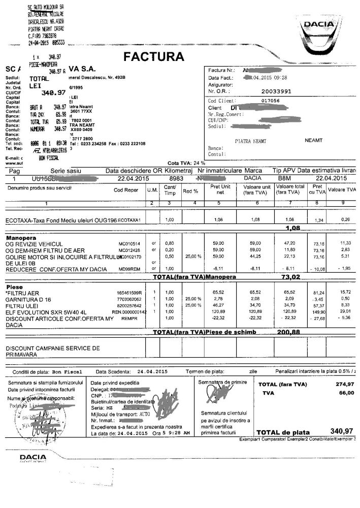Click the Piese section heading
pos(13,287)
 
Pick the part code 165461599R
pos(129,293)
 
